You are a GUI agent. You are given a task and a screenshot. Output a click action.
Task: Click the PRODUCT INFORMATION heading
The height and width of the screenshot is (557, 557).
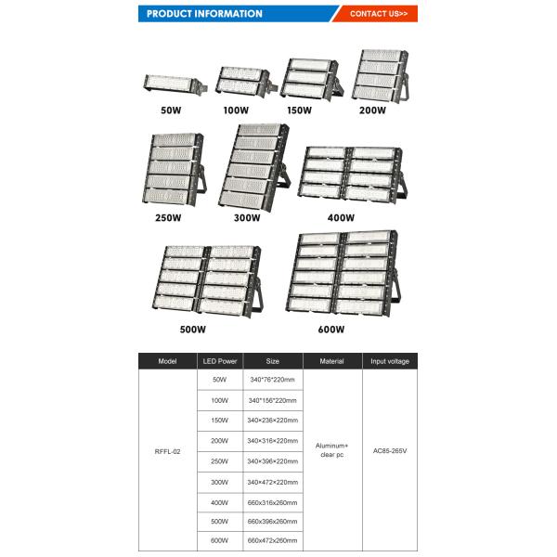(x=204, y=14)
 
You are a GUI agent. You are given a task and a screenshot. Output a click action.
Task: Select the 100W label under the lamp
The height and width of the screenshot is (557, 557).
(x=237, y=110)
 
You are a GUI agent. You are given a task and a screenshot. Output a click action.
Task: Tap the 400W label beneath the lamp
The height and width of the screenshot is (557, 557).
(x=341, y=218)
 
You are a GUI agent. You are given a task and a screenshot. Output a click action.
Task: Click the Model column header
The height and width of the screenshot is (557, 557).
(x=167, y=361)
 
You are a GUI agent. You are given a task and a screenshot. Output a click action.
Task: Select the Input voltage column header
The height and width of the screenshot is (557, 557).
(x=389, y=361)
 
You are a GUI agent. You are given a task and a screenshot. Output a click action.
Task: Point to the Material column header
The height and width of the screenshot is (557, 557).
(x=331, y=361)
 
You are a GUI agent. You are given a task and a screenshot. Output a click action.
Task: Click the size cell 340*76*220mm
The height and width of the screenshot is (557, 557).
(x=272, y=380)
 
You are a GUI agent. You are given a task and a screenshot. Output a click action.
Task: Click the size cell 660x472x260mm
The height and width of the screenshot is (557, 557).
(x=272, y=539)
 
